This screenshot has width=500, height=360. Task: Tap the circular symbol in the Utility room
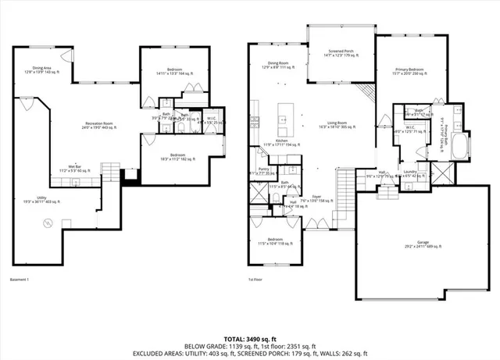click(x=47, y=223)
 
